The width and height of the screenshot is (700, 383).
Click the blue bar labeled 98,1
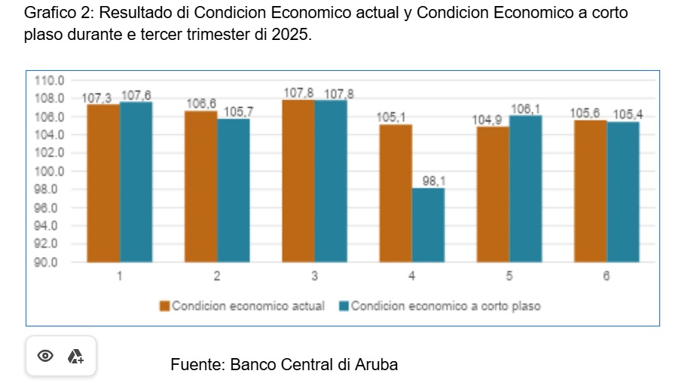click(x=428, y=225)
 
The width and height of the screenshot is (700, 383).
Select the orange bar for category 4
click(x=396, y=193)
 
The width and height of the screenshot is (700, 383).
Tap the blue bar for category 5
click(x=525, y=188)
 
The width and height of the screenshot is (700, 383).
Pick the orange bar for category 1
click(x=103, y=183)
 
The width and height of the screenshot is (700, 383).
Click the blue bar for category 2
click(x=233, y=190)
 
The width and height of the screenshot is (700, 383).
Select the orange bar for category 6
click(x=590, y=191)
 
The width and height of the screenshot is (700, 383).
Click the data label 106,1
click(x=525, y=109)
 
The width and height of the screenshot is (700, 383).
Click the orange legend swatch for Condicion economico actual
click(x=164, y=306)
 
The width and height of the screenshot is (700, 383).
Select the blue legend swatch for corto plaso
click(x=344, y=306)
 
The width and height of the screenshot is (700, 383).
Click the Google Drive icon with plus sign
click(x=75, y=356)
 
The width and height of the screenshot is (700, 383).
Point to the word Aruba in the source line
click(x=377, y=365)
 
